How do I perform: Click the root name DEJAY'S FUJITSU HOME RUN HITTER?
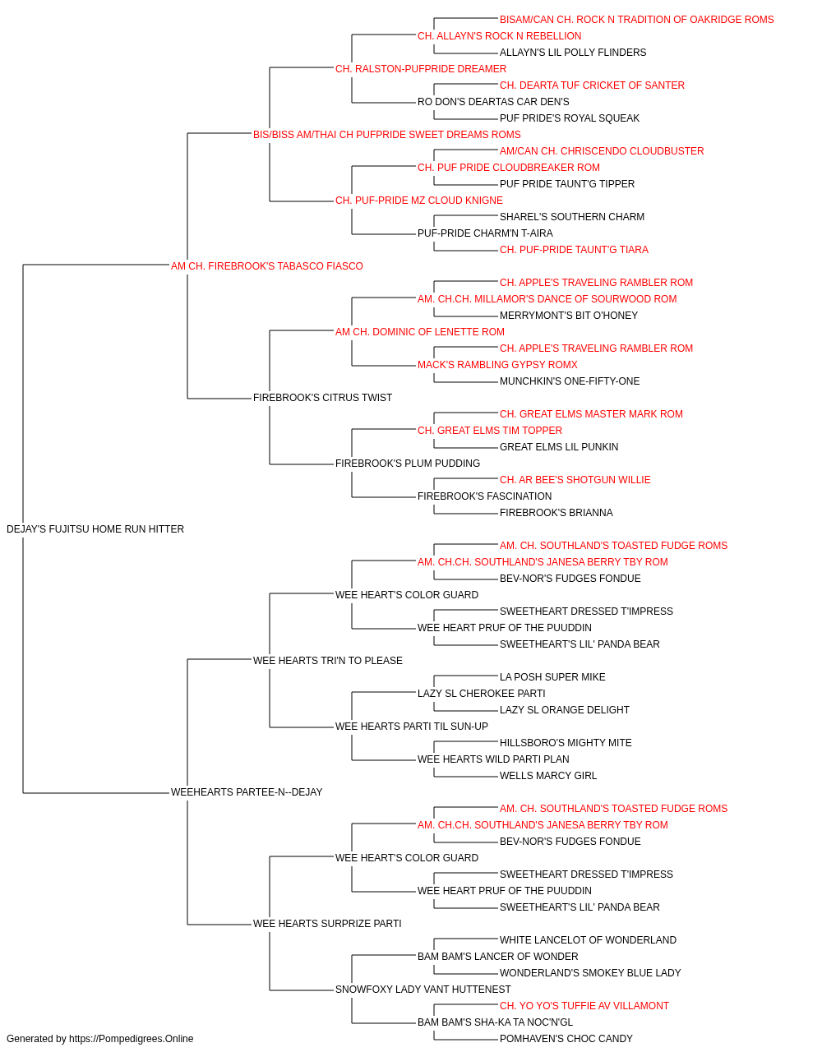[x=95, y=529]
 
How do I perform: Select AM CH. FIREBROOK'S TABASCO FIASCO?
[x=266, y=266]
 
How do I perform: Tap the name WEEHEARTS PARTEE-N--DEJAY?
[x=247, y=792]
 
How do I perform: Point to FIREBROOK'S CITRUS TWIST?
[x=322, y=398]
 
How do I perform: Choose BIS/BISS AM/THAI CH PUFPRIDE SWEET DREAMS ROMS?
[x=387, y=135]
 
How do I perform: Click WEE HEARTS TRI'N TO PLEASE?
[x=328, y=660]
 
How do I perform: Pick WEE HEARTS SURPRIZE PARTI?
[x=327, y=923]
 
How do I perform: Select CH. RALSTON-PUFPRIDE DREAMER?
[x=421, y=69]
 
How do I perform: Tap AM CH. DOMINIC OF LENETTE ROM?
[x=420, y=331]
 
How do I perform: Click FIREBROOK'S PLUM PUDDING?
[x=408, y=464]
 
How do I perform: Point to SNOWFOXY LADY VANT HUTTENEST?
[x=423, y=989]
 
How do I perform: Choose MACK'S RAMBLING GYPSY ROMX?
[x=497, y=365]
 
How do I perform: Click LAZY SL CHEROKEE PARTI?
[x=481, y=694]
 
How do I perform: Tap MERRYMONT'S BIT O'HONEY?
[x=568, y=315]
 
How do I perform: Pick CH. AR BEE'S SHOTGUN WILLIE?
[x=575, y=480]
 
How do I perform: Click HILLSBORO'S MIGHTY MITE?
[x=566, y=743]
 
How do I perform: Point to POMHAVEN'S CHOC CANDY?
[x=566, y=1039]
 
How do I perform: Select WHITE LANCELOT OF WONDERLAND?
[x=588, y=939]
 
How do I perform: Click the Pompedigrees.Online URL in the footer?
[x=132, y=1039]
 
